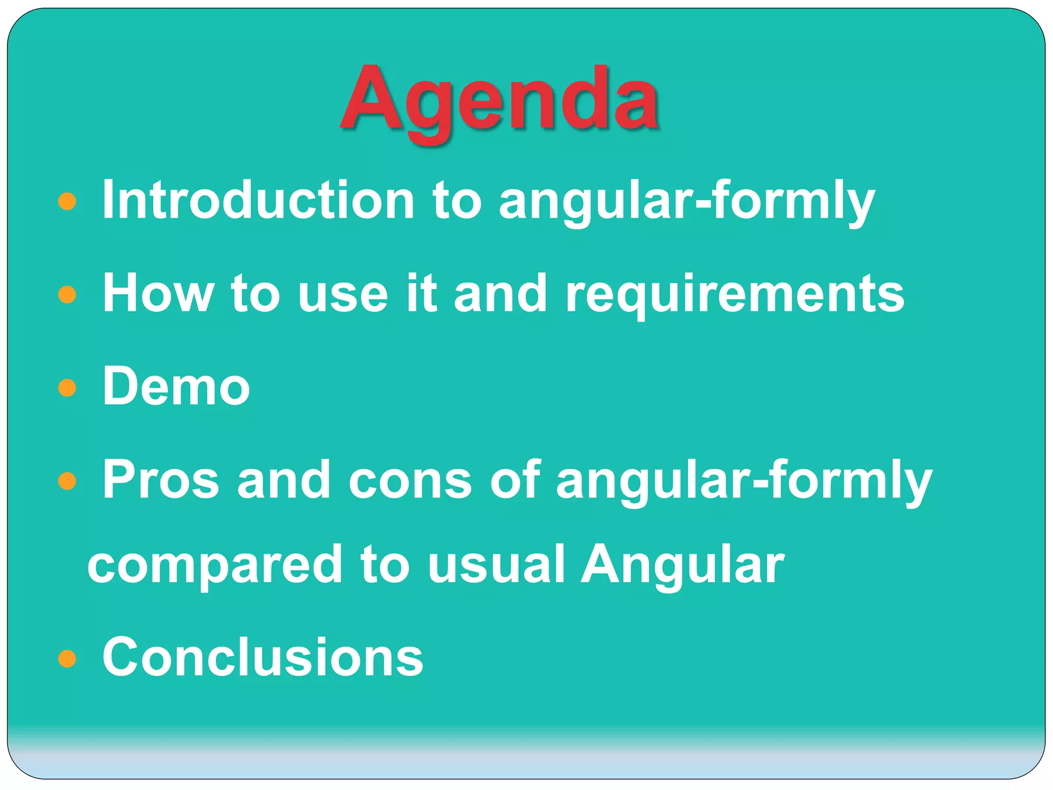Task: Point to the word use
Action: (x=343, y=294)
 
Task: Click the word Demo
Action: (x=176, y=386)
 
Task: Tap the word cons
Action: (x=410, y=480)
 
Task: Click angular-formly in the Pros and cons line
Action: (x=743, y=481)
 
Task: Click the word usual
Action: (x=496, y=565)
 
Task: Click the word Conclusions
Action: (x=263, y=657)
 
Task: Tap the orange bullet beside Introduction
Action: (x=67, y=201)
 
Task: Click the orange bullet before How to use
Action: (x=67, y=295)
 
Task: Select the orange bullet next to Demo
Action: (x=67, y=388)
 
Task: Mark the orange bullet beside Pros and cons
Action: (x=67, y=481)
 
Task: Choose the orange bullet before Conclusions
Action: (x=67, y=658)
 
